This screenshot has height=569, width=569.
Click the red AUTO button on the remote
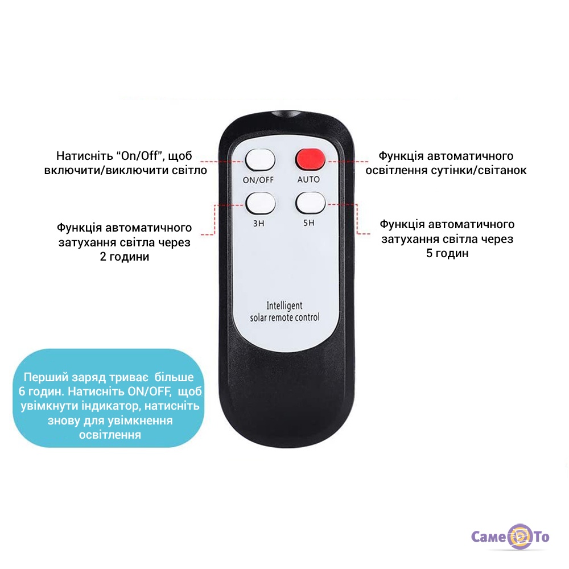[310, 159]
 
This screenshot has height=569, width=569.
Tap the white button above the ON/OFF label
[260, 160]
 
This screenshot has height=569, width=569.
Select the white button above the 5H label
[311, 203]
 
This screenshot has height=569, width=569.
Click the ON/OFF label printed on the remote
[258, 180]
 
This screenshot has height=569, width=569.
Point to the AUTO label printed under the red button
[309, 179]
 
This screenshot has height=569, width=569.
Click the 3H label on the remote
[259, 223]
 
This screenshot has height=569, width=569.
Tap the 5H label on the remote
[309, 222]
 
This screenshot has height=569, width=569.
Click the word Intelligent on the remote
[284, 306]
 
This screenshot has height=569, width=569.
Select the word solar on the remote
[258, 318]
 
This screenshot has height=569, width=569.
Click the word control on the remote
[307, 318]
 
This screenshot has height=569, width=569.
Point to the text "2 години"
[125, 257]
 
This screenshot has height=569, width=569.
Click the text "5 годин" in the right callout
[447, 253]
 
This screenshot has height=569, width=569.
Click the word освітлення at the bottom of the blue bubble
[110, 435]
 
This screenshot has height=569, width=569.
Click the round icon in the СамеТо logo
[520, 537]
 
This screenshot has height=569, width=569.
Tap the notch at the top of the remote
[286, 114]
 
